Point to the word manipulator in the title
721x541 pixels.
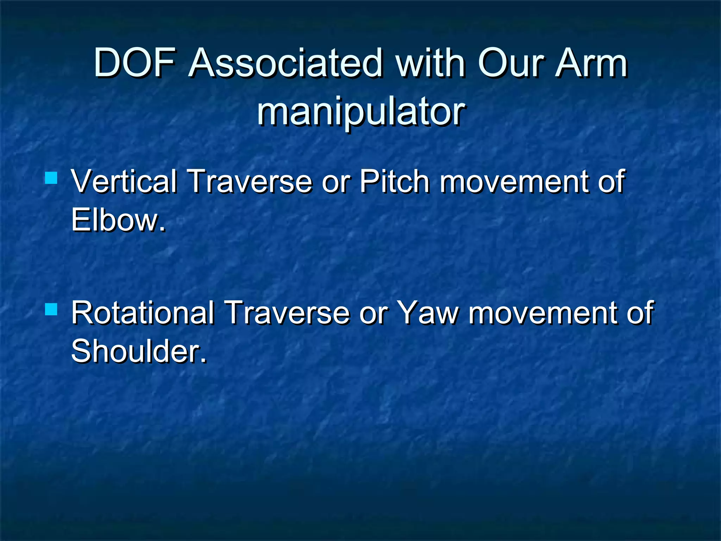coord(361,112)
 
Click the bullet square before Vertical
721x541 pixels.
coord(51,178)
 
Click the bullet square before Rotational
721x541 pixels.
coord(51,309)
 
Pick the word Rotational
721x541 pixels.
coord(143,312)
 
